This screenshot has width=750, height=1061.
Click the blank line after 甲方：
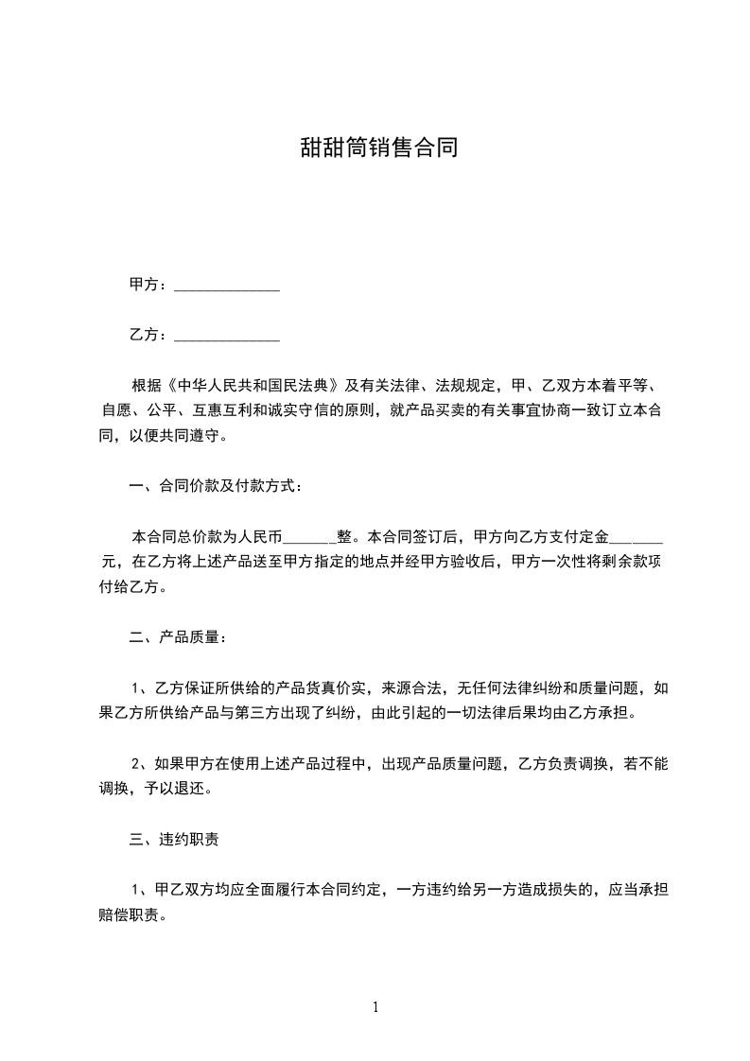pos(228,286)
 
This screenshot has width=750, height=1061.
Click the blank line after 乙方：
pos(228,336)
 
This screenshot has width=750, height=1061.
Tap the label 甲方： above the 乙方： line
pos(148,285)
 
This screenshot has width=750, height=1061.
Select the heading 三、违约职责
pos(176,839)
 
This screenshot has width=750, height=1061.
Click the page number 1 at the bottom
pos(375,1007)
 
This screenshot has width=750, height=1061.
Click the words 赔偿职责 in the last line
pos(131,915)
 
